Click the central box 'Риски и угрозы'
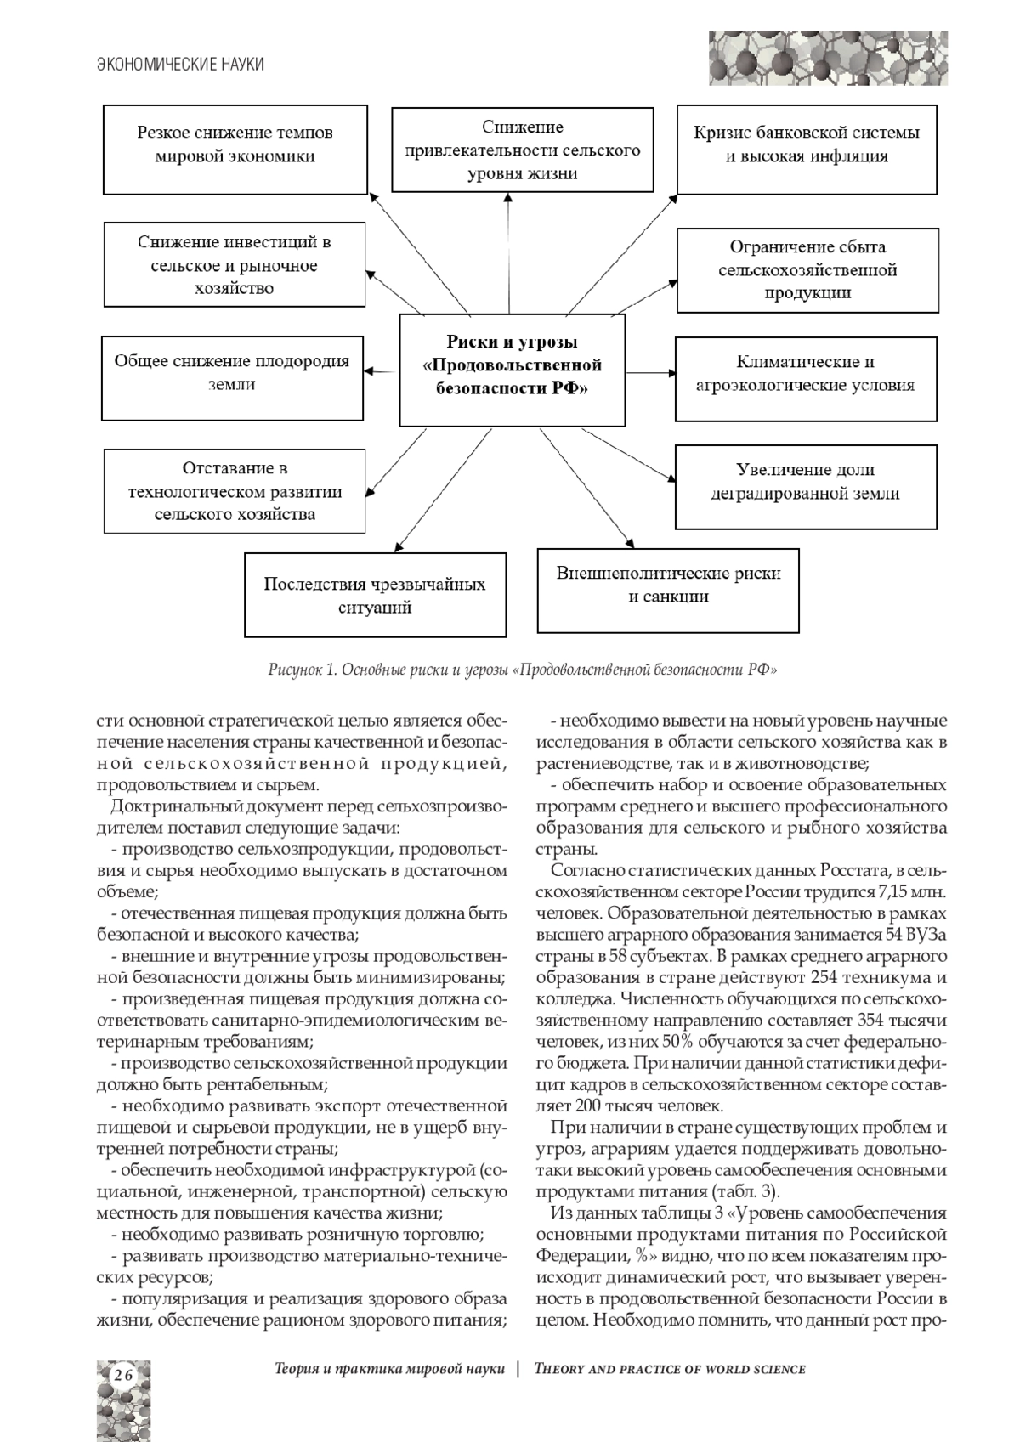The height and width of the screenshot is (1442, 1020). pyautogui.click(x=512, y=370)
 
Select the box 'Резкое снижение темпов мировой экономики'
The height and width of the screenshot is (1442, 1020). pyautogui.click(x=235, y=149)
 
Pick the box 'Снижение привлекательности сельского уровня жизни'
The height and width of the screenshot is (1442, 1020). pyautogui.click(x=522, y=150)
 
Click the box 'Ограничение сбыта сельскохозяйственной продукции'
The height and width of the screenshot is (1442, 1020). pyautogui.click(x=807, y=269)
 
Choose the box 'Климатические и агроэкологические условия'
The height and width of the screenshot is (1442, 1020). pyautogui.click(x=806, y=378)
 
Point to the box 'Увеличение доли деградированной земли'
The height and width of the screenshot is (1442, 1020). pyautogui.click(x=806, y=485)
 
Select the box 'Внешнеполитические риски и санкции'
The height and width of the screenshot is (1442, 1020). pyautogui.click(x=668, y=590)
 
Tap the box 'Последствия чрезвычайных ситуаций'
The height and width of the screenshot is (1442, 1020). pyautogui.click(x=375, y=595)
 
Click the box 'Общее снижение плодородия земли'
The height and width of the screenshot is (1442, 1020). pyautogui.click(x=232, y=377)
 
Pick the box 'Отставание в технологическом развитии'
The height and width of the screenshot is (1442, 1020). pyautogui.click(x=235, y=490)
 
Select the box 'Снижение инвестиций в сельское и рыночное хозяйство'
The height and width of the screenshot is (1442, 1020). pyautogui.click(x=235, y=264)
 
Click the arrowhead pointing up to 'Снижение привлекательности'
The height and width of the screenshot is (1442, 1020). pyautogui.click(x=508, y=198)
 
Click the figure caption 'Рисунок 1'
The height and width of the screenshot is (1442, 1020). pyautogui.click(x=522, y=670)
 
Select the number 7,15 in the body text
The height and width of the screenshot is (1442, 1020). pyautogui.click(x=894, y=892)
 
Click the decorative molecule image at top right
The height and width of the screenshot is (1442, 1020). pyautogui.click(x=827, y=58)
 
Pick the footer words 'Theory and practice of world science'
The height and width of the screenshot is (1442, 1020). pyautogui.click(x=669, y=1369)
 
